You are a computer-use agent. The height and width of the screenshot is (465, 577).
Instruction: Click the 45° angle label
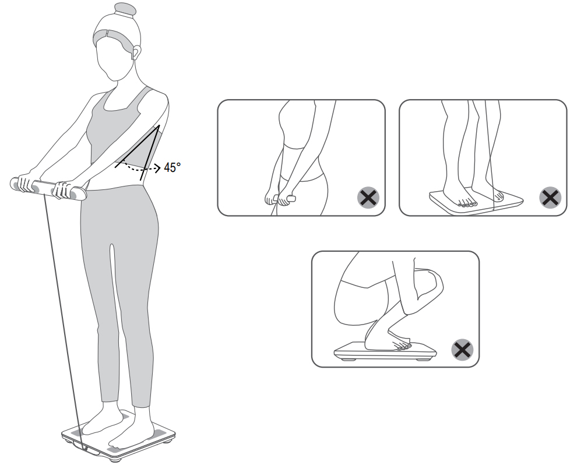click(172, 168)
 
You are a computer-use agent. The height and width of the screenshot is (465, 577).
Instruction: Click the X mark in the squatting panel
click(462, 350)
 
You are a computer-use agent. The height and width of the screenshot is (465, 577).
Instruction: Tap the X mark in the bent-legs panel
click(550, 198)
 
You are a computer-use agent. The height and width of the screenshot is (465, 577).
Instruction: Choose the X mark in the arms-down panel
click(368, 198)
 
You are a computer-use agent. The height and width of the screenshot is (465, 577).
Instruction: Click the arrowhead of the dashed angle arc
click(158, 168)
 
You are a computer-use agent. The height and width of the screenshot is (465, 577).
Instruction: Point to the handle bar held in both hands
click(48, 188)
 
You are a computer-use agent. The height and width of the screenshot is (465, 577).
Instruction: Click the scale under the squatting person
click(385, 351)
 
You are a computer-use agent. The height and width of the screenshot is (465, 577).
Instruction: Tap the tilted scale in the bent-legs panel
click(476, 201)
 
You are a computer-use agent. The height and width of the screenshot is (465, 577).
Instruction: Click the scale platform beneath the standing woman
click(118, 437)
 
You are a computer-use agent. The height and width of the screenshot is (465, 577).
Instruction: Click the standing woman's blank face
click(115, 61)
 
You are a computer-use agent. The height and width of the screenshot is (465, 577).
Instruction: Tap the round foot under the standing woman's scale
click(116, 459)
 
